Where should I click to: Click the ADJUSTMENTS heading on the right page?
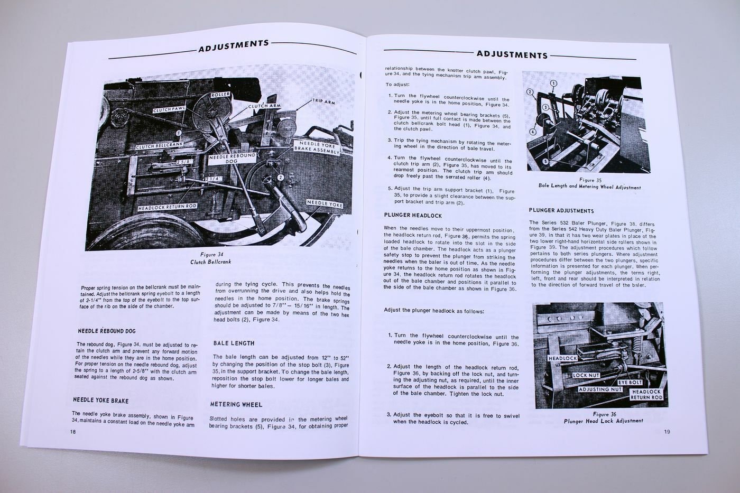[512, 54]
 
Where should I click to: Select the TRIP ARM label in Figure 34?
[323, 101]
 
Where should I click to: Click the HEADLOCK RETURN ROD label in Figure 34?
[167, 207]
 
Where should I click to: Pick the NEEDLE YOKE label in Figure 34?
[325, 204]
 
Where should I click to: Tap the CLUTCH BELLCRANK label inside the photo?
[159, 146]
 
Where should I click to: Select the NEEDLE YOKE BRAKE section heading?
[100, 401]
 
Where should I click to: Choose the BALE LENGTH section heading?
[234, 343]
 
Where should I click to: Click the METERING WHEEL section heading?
[236, 404]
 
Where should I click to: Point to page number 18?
[73, 431]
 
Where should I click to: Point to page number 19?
[667, 432]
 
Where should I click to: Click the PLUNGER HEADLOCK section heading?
[413, 216]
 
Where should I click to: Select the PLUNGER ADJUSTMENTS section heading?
[561, 210]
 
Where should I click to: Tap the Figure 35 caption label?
[590, 180]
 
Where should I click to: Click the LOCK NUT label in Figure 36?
[586, 375]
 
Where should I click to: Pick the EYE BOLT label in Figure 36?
[630, 382]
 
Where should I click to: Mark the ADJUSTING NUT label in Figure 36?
[600, 389]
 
